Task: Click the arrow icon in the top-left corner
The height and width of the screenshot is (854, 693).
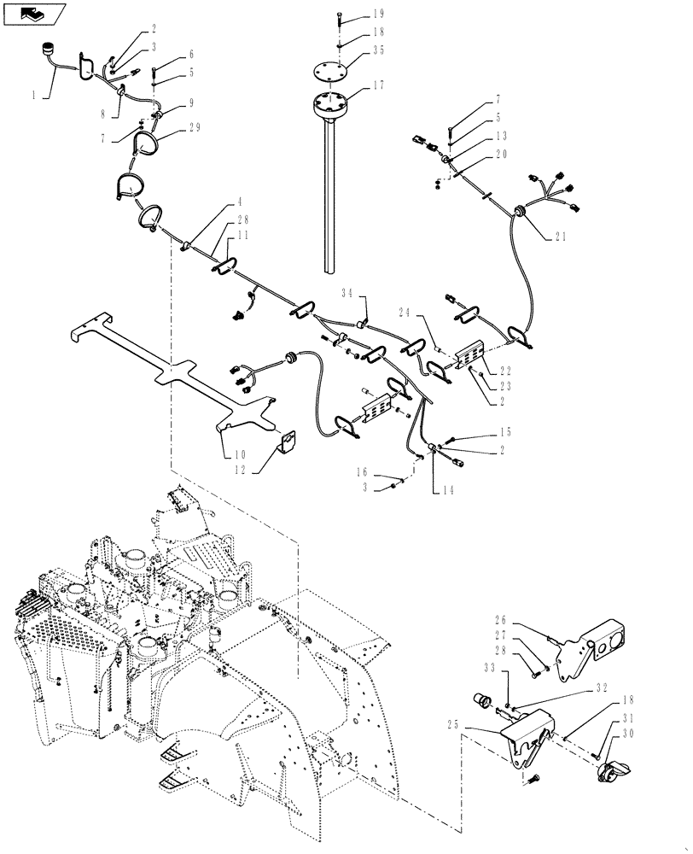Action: (33, 14)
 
